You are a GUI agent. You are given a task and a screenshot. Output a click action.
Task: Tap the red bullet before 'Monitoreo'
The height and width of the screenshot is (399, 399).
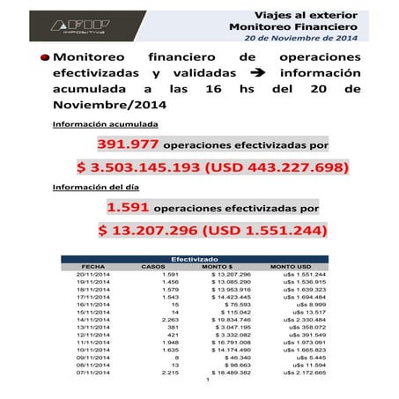[43, 56]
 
